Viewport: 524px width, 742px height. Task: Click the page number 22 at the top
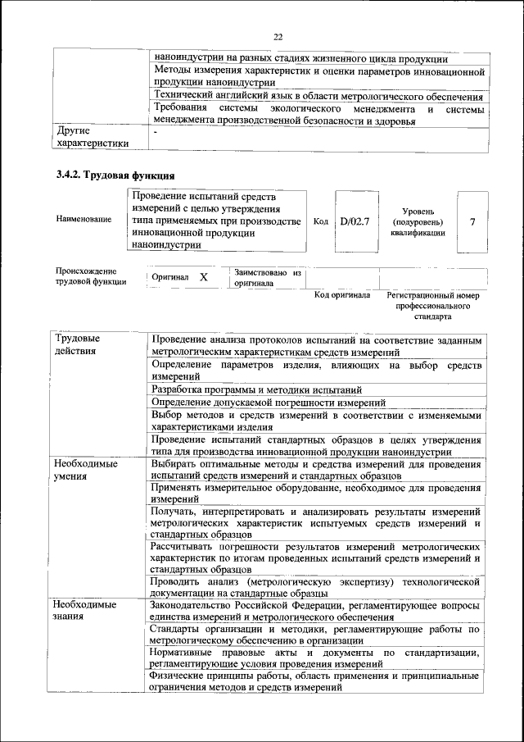[278, 37]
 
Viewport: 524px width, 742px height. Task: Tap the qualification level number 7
[472, 221]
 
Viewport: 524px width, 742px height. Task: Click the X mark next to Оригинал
[204, 278]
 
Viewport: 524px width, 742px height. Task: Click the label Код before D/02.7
[321, 221]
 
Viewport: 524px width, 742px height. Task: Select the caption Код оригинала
[343, 294]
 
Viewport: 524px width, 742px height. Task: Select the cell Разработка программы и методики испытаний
[256, 389]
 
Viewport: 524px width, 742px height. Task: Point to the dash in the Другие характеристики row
[155, 131]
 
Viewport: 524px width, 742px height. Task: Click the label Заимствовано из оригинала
[268, 277]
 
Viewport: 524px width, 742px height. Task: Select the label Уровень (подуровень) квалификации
[418, 221]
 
